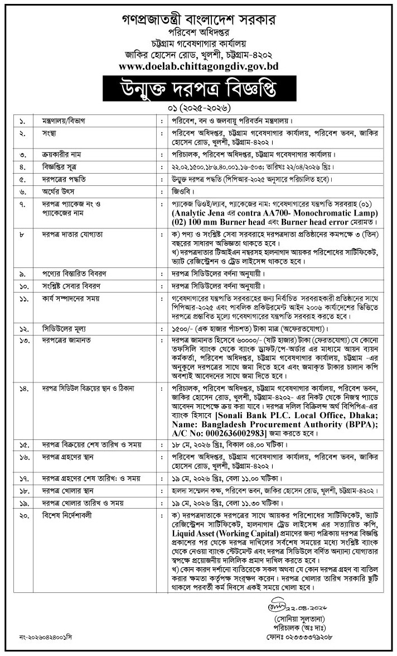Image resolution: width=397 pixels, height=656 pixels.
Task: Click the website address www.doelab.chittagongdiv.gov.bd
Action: click(199, 66)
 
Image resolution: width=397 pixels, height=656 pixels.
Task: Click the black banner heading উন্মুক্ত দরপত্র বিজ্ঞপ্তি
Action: click(198, 89)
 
